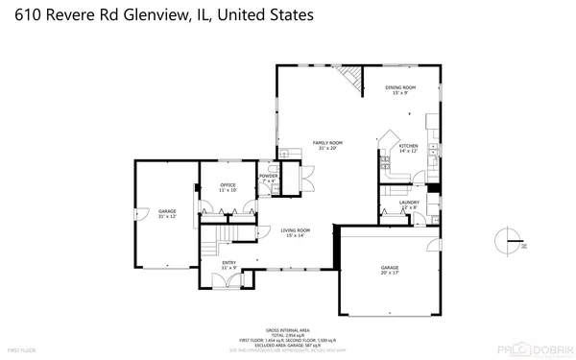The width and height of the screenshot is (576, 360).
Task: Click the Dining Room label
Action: click(x=400, y=89)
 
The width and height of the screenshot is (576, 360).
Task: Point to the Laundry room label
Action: click(x=409, y=204)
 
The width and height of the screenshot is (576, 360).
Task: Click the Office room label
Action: click(x=228, y=187)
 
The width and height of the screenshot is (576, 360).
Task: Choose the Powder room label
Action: click(x=268, y=178)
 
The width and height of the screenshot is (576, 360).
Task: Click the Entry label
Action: click(x=228, y=263)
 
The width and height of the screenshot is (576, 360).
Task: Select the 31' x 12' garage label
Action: click(x=167, y=214)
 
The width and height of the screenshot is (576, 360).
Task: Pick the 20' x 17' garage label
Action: click(x=389, y=270)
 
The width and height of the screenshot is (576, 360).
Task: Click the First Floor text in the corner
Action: click(x=22, y=351)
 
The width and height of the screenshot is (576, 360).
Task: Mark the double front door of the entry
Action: click(x=228, y=280)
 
